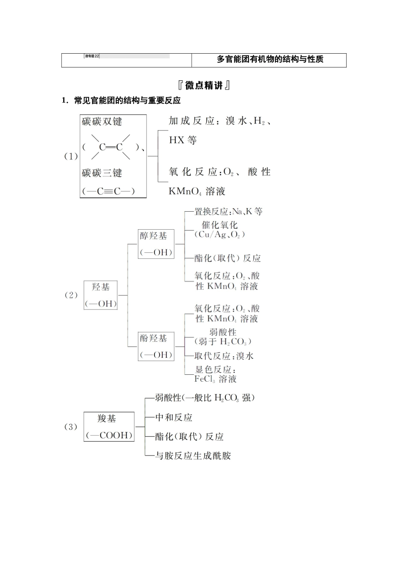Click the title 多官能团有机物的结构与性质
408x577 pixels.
click(x=270, y=60)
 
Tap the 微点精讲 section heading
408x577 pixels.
click(x=204, y=85)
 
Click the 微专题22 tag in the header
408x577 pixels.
click(x=92, y=56)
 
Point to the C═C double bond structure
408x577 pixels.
click(x=111, y=147)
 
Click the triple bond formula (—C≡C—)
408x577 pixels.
click(x=108, y=191)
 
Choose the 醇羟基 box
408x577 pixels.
click(x=156, y=244)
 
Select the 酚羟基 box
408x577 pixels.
click(x=156, y=346)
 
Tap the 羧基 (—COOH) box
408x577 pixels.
click(x=109, y=427)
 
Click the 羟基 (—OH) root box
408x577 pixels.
click(x=100, y=295)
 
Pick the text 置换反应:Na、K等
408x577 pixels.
click(x=228, y=212)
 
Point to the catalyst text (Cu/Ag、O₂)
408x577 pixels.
click(x=219, y=235)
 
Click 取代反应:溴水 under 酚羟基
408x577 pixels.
click(x=224, y=356)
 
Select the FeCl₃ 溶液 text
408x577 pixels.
click(x=216, y=379)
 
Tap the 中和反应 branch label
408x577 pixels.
click(x=174, y=417)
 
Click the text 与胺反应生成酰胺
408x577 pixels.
click(x=193, y=456)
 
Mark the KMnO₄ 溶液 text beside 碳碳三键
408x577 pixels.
click(x=197, y=191)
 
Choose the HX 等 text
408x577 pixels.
click(x=183, y=140)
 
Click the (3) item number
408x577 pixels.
click(x=70, y=427)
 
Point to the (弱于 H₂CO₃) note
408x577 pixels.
click(x=222, y=342)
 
